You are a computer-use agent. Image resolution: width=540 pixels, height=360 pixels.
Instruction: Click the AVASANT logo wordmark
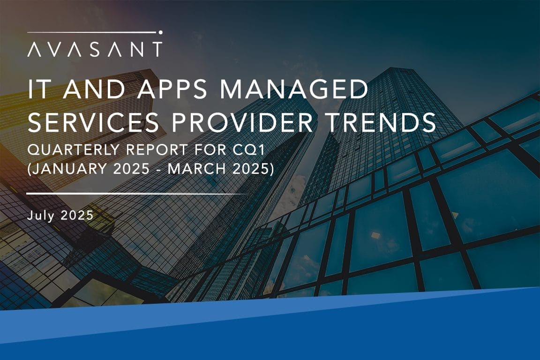pos(95,49)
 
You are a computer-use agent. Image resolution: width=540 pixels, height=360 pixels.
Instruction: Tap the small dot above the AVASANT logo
pos(160,32)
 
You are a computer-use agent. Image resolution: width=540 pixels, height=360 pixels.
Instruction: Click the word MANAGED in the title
pos(294,90)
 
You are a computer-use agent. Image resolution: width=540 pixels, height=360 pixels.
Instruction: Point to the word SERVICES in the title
pos(93,122)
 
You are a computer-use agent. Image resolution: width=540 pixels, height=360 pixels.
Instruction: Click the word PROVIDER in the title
pos(242,122)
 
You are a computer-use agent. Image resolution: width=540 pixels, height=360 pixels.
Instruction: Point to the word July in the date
pos(41,216)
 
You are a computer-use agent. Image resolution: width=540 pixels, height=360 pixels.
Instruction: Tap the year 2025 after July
pos(77,215)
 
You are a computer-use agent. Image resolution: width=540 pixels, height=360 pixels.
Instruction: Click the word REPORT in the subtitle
pos(157,150)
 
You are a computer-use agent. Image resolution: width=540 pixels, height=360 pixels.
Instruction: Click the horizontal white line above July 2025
pos(137,194)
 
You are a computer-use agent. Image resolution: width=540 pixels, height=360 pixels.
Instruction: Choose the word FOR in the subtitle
pos(208,150)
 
